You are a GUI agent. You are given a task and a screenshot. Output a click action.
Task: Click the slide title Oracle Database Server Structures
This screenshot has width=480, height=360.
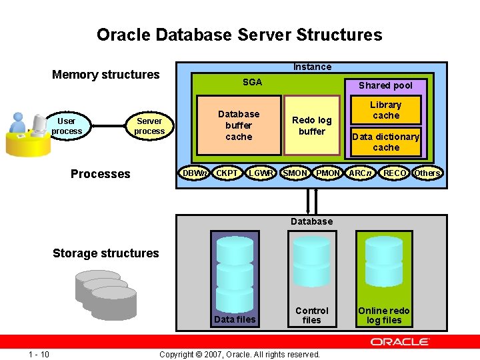click(239, 35)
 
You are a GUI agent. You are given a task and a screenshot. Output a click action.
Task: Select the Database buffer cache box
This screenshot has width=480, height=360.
click(239, 125)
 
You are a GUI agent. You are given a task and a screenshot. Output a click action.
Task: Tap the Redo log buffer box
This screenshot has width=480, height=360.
click(312, 125)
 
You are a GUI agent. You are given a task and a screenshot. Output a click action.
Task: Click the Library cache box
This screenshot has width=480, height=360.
click(385, 110)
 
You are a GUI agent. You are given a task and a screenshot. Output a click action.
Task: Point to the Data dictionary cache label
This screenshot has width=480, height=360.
click(385, 142)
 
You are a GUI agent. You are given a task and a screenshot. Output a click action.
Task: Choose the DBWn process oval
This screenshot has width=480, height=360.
click(195, 173)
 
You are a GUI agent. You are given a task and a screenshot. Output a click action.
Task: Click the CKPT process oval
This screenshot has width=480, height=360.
click(228, 173)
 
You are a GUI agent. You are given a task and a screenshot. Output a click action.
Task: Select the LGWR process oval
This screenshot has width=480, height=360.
click(261, 173)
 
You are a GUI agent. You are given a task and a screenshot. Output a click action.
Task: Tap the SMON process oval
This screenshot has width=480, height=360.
click(295, 173)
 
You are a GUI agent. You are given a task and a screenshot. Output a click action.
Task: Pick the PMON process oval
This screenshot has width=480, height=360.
click(328, 173)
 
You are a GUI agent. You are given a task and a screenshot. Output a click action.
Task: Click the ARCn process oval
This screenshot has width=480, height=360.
click(361, 173)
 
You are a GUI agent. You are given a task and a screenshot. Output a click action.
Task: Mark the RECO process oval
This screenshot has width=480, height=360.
click(394, 173)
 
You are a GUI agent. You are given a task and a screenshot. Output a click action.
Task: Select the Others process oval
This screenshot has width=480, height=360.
click(427, 173)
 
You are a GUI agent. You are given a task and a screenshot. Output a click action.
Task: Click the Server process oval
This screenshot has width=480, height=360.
click(149, 126)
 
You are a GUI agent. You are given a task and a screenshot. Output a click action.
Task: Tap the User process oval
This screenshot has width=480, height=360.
click(67, 126)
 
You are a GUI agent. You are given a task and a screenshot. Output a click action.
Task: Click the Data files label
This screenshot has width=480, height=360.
click(234, 320)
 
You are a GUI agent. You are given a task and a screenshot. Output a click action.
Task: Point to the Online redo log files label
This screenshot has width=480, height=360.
click(384, 315)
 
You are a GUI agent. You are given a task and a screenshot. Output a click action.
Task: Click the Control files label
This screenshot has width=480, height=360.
click(311, 315)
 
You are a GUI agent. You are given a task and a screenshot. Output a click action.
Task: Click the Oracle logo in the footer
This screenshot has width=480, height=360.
click(400, 342)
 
